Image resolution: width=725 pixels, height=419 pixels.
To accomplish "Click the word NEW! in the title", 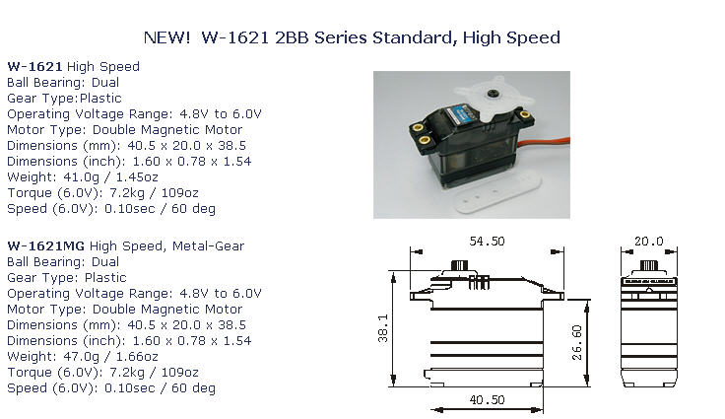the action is (166, 37).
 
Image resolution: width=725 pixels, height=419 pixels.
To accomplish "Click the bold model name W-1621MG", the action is (45, 246).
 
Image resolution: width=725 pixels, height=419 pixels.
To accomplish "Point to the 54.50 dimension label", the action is (487, 242).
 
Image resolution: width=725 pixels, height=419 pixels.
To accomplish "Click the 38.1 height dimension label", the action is (383, 328).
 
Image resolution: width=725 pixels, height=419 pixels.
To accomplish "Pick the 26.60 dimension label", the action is (577, 343).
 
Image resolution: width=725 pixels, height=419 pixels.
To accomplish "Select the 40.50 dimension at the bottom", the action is (487, 399).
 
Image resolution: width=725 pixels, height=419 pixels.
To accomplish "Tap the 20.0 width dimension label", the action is (649, 242).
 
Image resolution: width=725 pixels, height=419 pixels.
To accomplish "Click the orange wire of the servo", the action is (545, 142).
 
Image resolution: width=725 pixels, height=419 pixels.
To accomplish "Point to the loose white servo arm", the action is (498, 193).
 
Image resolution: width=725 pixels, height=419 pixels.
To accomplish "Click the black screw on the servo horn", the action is (492, 94).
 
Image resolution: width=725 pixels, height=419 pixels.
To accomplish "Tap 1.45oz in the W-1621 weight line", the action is (137, 177).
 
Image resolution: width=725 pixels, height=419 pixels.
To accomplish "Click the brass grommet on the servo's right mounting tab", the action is (525, 114).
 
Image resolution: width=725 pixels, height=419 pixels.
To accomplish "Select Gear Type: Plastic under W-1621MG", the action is (67, 278).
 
